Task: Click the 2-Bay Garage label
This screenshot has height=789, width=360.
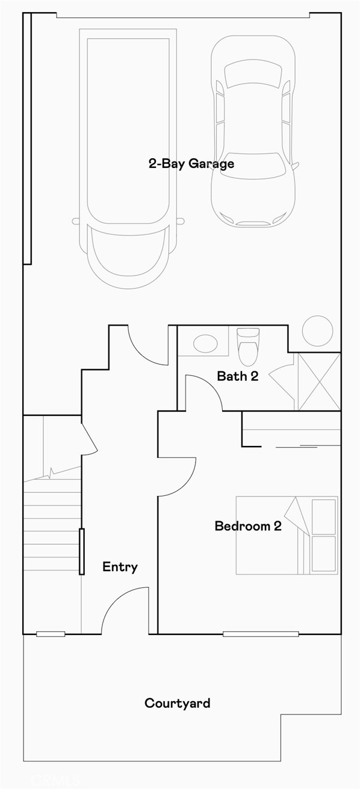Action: tap(191, 163)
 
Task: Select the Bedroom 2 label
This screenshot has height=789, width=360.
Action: tap(248, 526)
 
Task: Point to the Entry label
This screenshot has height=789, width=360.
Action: tap(120, 566)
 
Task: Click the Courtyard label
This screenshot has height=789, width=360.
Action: tap(177, 703)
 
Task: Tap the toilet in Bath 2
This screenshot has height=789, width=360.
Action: tap(247, 348)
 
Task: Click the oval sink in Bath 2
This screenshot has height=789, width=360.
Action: tap(206, 344)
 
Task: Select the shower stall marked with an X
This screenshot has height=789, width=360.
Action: tap(319, 382)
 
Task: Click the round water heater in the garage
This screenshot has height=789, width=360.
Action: tap(317, 330)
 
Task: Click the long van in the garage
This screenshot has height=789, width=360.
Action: tap(128, 150)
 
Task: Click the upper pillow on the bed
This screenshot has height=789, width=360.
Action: tap(324, 516)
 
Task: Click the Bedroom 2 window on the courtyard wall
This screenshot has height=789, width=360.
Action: tap(260, 634)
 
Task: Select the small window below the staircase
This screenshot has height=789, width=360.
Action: tap(51, 634)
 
